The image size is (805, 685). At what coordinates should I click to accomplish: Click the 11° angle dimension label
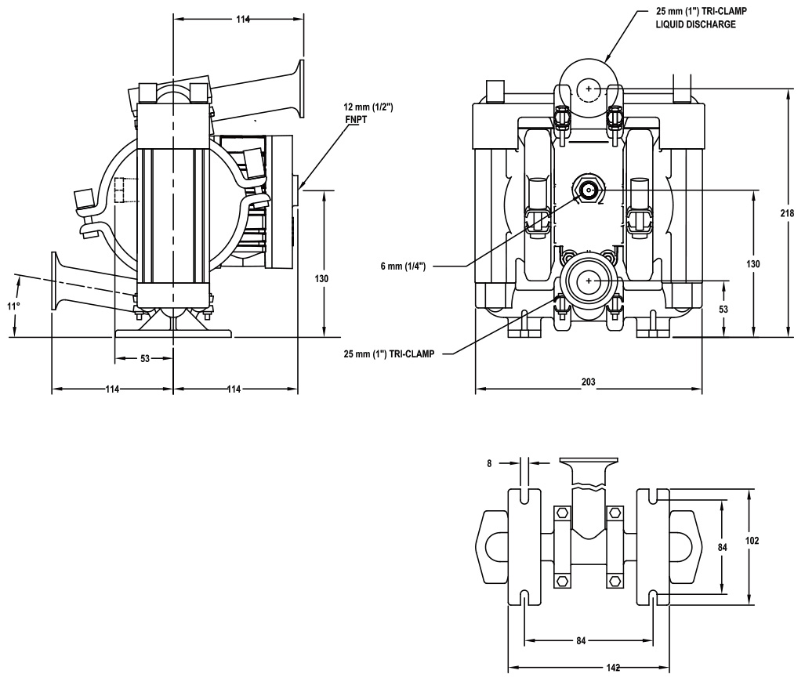pyautogui.click(x=13, y=306)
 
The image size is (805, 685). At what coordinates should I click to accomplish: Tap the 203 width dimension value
pyautogui.click(x=588, y=382)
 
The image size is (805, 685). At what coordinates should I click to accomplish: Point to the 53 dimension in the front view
pyautogui.click(x=723, y=310)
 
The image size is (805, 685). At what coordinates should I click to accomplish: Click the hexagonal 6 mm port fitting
pyautogui.click(x=588, y=188)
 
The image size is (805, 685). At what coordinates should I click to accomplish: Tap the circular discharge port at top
pyautogui.click(x=588, y=89)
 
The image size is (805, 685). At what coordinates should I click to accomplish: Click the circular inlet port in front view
pyautogui.click(x=588, y=280)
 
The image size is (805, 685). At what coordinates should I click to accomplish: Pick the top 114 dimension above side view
pyautogui.click(x=244, y=19)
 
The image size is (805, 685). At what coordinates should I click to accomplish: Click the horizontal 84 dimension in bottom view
pyautogui.click(x=581, y=641)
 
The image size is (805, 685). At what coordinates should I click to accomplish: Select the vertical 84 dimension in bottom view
pyautogui.click(x=723, y=546)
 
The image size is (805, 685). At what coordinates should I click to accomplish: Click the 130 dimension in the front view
pyautogui.click(x=752, y=264)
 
